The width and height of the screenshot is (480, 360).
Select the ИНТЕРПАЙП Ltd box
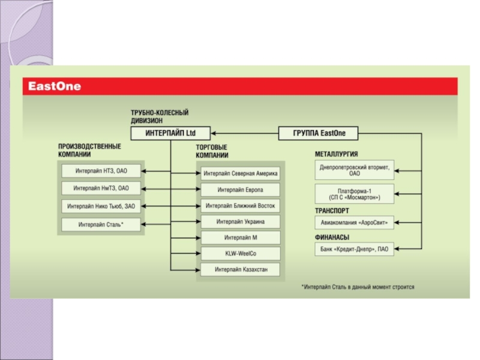pos(170,133)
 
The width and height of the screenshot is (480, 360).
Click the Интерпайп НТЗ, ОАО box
pos(101,171)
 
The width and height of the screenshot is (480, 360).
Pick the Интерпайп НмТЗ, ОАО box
pos(101,188)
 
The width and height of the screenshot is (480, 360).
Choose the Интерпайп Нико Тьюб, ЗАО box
pos(101,206)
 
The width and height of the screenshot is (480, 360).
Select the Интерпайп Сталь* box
pos(101,225)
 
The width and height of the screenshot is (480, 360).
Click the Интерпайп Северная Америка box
pos(240,174)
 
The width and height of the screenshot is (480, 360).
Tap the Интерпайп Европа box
pos(240,190)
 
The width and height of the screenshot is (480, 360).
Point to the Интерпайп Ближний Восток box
pos(240,206)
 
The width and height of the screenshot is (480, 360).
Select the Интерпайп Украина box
pos(240,221)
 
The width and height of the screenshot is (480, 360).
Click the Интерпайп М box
pos(240,238)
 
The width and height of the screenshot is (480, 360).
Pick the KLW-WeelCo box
pos(240,253)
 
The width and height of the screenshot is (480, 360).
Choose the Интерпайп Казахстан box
pos(240,269)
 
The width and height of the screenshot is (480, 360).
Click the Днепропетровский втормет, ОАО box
pos(355,171)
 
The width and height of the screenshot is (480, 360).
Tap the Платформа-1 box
pos(355,193)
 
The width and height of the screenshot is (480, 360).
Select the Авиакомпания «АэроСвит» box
pos(355,223)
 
